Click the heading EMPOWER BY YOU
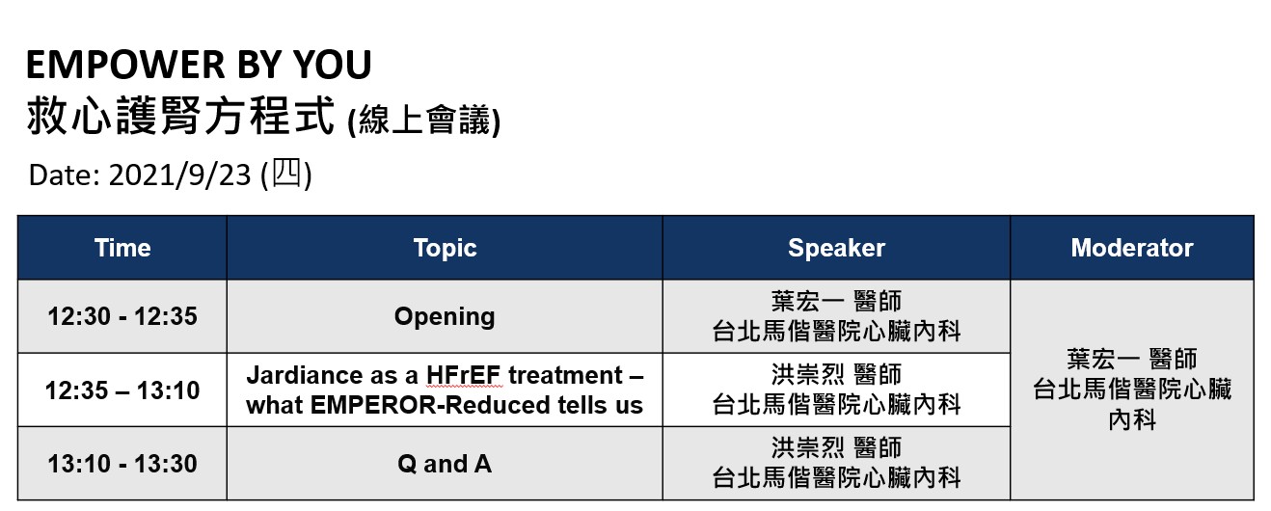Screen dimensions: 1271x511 (x=199, y=64)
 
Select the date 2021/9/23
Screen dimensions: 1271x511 (x=180, y=175)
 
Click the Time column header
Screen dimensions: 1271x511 (x=122, y=248)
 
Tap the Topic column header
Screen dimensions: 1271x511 (x=445, y=249)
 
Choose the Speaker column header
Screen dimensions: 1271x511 (x=836, y=249)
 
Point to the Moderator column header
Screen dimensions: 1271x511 (x=1132, y=248)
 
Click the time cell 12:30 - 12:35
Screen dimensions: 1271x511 (x=122, y=316)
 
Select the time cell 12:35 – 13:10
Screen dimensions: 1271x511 (x=122, y=390)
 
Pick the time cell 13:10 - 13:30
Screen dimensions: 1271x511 (x=122, y=464)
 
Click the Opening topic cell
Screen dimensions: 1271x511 (x=445, y=317)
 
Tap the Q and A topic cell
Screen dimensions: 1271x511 (x=445, y=464)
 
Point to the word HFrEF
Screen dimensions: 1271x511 (x=464, y=375)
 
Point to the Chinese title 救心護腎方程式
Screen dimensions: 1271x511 (x=180, y=116)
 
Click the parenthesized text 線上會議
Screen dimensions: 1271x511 (x=424, y=121)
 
